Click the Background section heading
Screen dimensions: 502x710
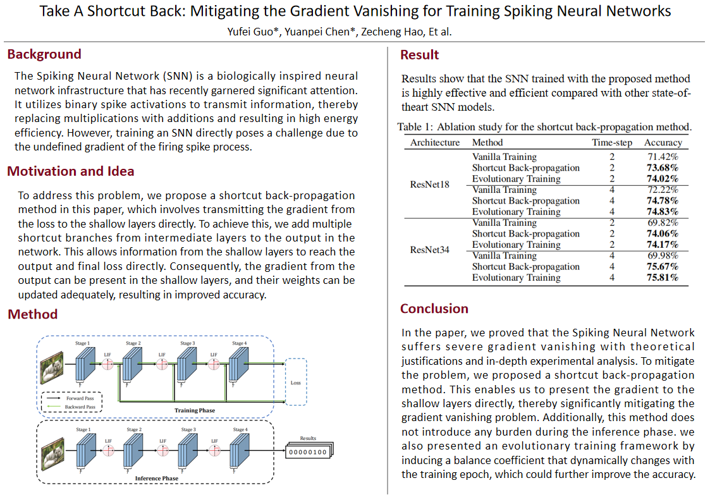[x=44, y=54]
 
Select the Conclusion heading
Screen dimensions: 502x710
[x=434, y=309]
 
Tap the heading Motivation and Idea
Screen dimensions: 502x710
[x=70, y=171]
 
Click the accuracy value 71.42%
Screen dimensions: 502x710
[x=662, y=156]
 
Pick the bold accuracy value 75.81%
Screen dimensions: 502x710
[x=661, y=278]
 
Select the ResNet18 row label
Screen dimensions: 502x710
[x=430, y=185]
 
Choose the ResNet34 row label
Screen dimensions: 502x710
[x=430, y=250]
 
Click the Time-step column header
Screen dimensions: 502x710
[x=612, y=142]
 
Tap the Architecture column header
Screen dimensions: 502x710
[x=435, y=142]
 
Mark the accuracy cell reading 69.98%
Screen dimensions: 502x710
[x=662, y=255]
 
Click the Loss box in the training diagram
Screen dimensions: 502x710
[x=296, y=382]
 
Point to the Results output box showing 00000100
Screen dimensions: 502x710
[x=308, y=452]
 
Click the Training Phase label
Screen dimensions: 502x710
[x=194, y=410]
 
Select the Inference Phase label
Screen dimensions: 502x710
[x=157, y=479]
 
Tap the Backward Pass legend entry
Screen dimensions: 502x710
[x=80, y=408]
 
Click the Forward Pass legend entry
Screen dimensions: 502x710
[x=80, y=399]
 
